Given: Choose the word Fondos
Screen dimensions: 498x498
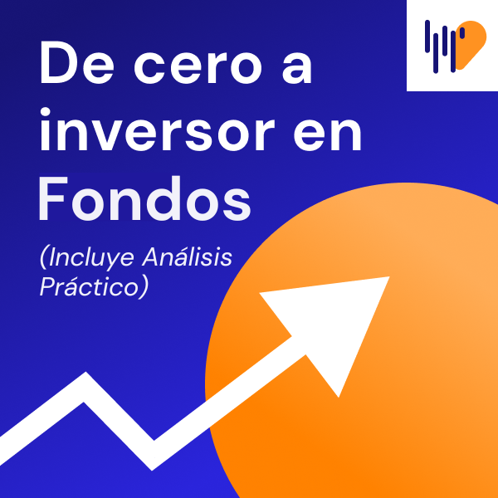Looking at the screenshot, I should (x=144, y=198).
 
